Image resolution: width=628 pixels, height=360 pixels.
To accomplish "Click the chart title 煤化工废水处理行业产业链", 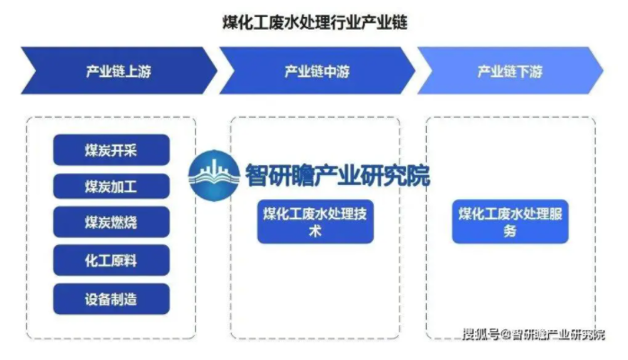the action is coord(314,22).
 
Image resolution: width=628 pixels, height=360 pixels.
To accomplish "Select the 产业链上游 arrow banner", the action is coord(119,71).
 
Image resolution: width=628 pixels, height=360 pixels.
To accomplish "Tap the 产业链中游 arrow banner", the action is coord(317,71).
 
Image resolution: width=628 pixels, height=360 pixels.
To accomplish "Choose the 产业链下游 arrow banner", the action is coord(510,71).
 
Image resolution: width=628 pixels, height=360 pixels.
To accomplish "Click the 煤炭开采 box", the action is coord(111,150).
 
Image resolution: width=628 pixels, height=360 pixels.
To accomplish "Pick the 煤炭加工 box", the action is coord(111,187).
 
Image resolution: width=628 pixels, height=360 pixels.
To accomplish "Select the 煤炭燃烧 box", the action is coord(111,222).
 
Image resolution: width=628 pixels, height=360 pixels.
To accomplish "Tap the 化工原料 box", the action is coord(111,260).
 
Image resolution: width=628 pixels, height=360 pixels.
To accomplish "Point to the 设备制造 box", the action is coord(111,299).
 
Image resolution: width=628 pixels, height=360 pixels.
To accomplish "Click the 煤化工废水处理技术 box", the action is coord(315,222).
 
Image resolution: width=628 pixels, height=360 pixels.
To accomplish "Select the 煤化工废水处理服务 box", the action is coord(510,222).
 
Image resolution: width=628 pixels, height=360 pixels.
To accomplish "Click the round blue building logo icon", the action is coord(214,175).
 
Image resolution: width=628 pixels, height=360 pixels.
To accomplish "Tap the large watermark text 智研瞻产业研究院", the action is coord(337,175).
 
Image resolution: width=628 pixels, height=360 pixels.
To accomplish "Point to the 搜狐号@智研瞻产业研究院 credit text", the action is coord(534,334).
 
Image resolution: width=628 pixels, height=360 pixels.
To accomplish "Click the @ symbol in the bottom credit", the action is coord(506,334).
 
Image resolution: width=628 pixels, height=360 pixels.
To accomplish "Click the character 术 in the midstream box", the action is coord(315,232).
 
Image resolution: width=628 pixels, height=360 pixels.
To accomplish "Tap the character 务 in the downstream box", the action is coord(510,232).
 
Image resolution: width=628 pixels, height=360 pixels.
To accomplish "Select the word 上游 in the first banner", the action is coord(137,72).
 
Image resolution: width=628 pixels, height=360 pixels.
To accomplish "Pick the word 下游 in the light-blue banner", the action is coord(529,72).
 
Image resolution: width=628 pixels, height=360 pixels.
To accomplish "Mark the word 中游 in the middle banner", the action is coord(336,72).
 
